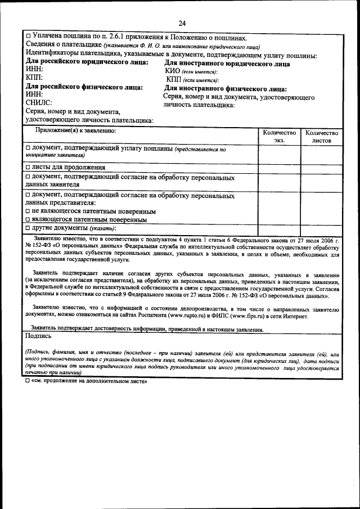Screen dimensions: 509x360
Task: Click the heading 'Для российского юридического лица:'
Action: pos(87,63)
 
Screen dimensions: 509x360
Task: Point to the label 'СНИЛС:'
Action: pos(39,103)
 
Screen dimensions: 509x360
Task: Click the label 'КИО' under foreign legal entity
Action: pos(172,71)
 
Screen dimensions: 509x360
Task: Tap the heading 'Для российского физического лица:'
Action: pos(84,87)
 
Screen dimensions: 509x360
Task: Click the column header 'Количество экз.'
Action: pos(280,136)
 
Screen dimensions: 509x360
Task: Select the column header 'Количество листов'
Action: pos(321,136)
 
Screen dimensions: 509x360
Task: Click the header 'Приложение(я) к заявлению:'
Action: pos(75,131)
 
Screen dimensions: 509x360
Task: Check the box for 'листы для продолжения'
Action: pos(28,167)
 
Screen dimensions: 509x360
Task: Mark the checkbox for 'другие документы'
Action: pos(28,228)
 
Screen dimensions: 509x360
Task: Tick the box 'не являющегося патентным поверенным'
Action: pos(28,211)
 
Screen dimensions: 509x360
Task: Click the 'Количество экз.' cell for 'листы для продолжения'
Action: pos(280,167)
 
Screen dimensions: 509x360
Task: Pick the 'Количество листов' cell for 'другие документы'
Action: pos(321,228)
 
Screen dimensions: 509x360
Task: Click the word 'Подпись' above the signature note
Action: pos(38,336)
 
